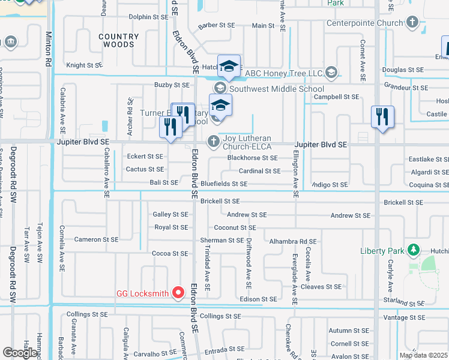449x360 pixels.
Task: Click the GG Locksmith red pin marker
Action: point(178,293)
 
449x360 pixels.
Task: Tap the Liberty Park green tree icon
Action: point(412,250)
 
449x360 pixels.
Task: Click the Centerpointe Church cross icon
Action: point(412,23)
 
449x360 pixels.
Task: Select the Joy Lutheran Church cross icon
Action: point(213,142)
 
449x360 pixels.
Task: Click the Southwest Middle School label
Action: point(277,89)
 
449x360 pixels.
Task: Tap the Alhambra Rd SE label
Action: point(293,241)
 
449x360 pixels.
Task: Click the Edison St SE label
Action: point(258,299)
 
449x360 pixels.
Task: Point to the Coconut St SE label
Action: point(235,228)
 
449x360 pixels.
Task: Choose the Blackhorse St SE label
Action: point(252,158)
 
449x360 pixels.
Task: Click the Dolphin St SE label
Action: point(148,17)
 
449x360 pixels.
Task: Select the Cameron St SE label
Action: point(96,239)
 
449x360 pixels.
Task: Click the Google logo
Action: point(20,353)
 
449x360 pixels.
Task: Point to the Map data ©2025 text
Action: point(423,355)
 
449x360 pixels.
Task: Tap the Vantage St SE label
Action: point(403,317)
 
